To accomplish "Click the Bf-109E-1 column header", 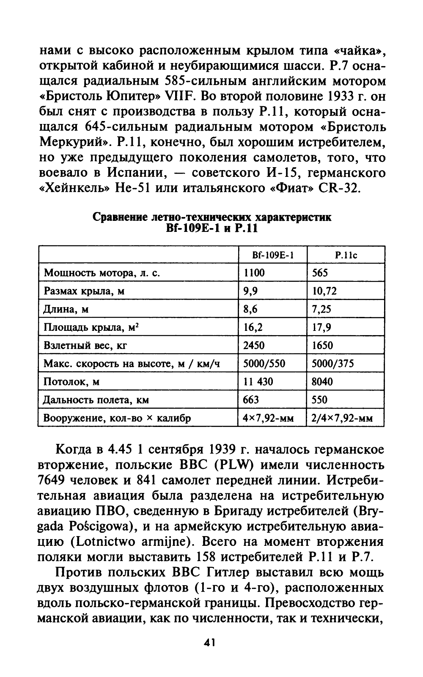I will pos(272,255).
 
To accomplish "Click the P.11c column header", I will pos(346,255).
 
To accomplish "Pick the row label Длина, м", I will pos(66,309).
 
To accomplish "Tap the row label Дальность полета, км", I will pos(96,400).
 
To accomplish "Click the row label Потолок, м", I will pos(72,382).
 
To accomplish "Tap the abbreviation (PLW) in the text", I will pos(233,465).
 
